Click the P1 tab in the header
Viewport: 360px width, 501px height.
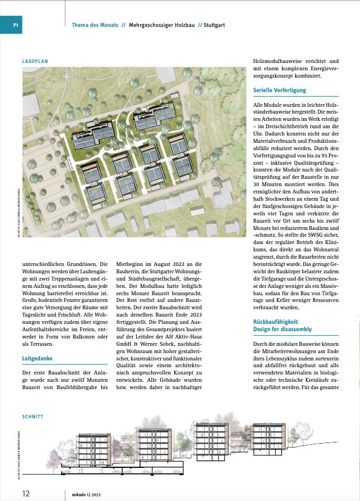tap(16, 25)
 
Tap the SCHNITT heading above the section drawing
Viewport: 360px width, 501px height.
tap(33, 417)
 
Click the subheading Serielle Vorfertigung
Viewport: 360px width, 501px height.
tap(280, 90)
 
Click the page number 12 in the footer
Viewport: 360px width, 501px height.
tap(26, 493)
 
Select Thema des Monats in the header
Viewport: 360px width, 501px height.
tap(94, 25)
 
